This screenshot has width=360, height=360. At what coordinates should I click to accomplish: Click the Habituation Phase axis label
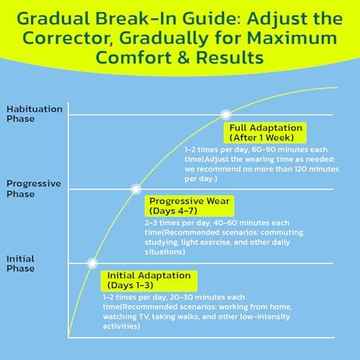35,114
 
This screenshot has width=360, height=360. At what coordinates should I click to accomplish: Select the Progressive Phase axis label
34,189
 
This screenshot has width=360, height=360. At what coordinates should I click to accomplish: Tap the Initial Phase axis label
20,264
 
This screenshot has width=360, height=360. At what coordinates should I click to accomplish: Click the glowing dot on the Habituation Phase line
226,114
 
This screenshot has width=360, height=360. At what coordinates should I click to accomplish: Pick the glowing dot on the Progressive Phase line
136,189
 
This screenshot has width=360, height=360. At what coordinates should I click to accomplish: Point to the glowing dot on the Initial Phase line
92,264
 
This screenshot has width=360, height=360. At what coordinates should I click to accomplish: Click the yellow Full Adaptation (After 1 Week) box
265,132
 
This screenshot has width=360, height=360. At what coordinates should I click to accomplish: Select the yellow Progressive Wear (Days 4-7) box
189,206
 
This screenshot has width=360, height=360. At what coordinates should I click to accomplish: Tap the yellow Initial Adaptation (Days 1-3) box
149,280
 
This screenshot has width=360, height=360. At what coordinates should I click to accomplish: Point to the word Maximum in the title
292,38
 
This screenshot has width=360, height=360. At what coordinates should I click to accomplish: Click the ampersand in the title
184,58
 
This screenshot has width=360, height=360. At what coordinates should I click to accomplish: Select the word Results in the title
230,58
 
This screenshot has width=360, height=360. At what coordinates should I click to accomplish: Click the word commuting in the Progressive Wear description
282,233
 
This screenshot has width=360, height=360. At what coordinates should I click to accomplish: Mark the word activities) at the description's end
122,326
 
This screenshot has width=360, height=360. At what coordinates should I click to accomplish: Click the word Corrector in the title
68,38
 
